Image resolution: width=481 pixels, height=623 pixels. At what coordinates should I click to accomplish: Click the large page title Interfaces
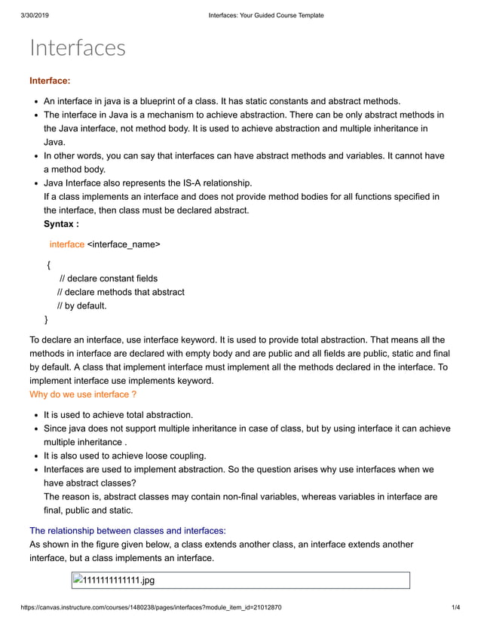pos(78,48)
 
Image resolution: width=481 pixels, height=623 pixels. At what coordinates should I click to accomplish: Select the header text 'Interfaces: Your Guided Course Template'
pos(266,15)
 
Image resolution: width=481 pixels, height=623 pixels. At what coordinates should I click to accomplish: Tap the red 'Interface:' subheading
pos(50,81)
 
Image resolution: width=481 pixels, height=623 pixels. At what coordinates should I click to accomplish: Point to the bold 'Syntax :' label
pos(61,224)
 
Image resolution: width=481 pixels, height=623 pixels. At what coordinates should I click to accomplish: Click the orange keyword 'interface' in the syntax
pos(67,244)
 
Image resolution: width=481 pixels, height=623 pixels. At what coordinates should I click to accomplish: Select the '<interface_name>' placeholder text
pos(124,244)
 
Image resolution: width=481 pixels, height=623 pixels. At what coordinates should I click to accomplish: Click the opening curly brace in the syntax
pos(48,265)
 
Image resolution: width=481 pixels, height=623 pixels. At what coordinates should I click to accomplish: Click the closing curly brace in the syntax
pos(47,319)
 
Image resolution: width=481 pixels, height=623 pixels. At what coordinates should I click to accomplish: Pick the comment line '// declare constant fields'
pos(109,278)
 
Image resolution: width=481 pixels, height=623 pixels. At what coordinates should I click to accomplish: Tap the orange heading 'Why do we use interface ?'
pos(83,394)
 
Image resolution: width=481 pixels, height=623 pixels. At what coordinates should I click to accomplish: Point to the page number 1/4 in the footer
pos(455,608)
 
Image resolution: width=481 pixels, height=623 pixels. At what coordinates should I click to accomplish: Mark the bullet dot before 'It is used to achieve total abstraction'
pos(37,415)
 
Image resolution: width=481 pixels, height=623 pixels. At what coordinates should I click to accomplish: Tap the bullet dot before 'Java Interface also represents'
pos(37,183)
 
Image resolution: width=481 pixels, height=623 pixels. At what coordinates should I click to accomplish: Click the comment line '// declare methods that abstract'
pos(121,292)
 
